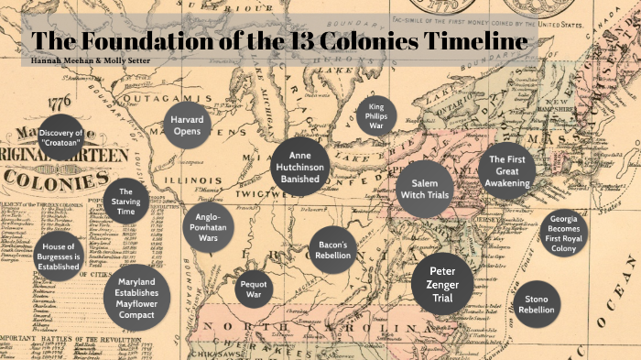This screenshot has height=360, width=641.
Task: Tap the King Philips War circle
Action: point(377,115)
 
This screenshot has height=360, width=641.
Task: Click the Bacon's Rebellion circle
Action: point(330,250)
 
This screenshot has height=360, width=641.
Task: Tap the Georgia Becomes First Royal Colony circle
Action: point(563,235)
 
